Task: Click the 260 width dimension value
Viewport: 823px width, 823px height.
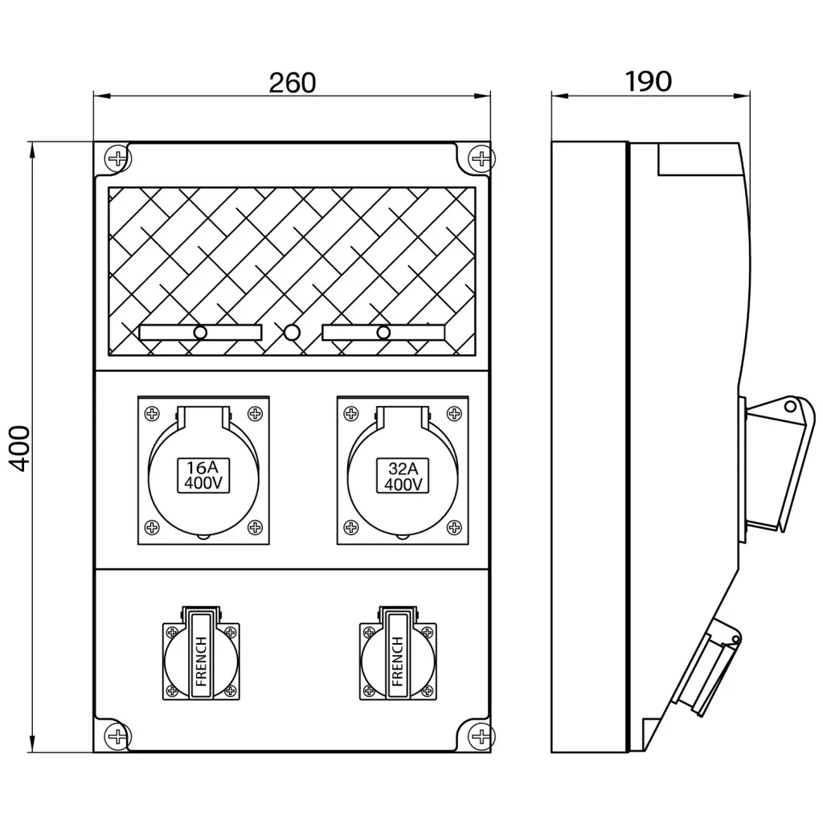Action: coord(292,83)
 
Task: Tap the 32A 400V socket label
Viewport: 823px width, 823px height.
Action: coord(403,476)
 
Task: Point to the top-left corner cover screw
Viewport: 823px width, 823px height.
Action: coord(117,158)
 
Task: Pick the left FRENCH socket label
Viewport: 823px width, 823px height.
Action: coord(201,661)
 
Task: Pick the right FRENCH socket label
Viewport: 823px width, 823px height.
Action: coord(397,661)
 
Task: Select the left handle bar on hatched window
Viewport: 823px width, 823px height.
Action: coord(200,332)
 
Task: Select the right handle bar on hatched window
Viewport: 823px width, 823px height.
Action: coord(383,332)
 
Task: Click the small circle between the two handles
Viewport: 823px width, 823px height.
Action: coord(292,331)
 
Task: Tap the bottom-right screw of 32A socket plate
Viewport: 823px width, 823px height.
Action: coord(455,528)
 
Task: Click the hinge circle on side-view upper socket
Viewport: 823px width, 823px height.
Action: coord(790,407)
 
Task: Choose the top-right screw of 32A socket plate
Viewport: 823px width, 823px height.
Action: coord(455,414)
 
